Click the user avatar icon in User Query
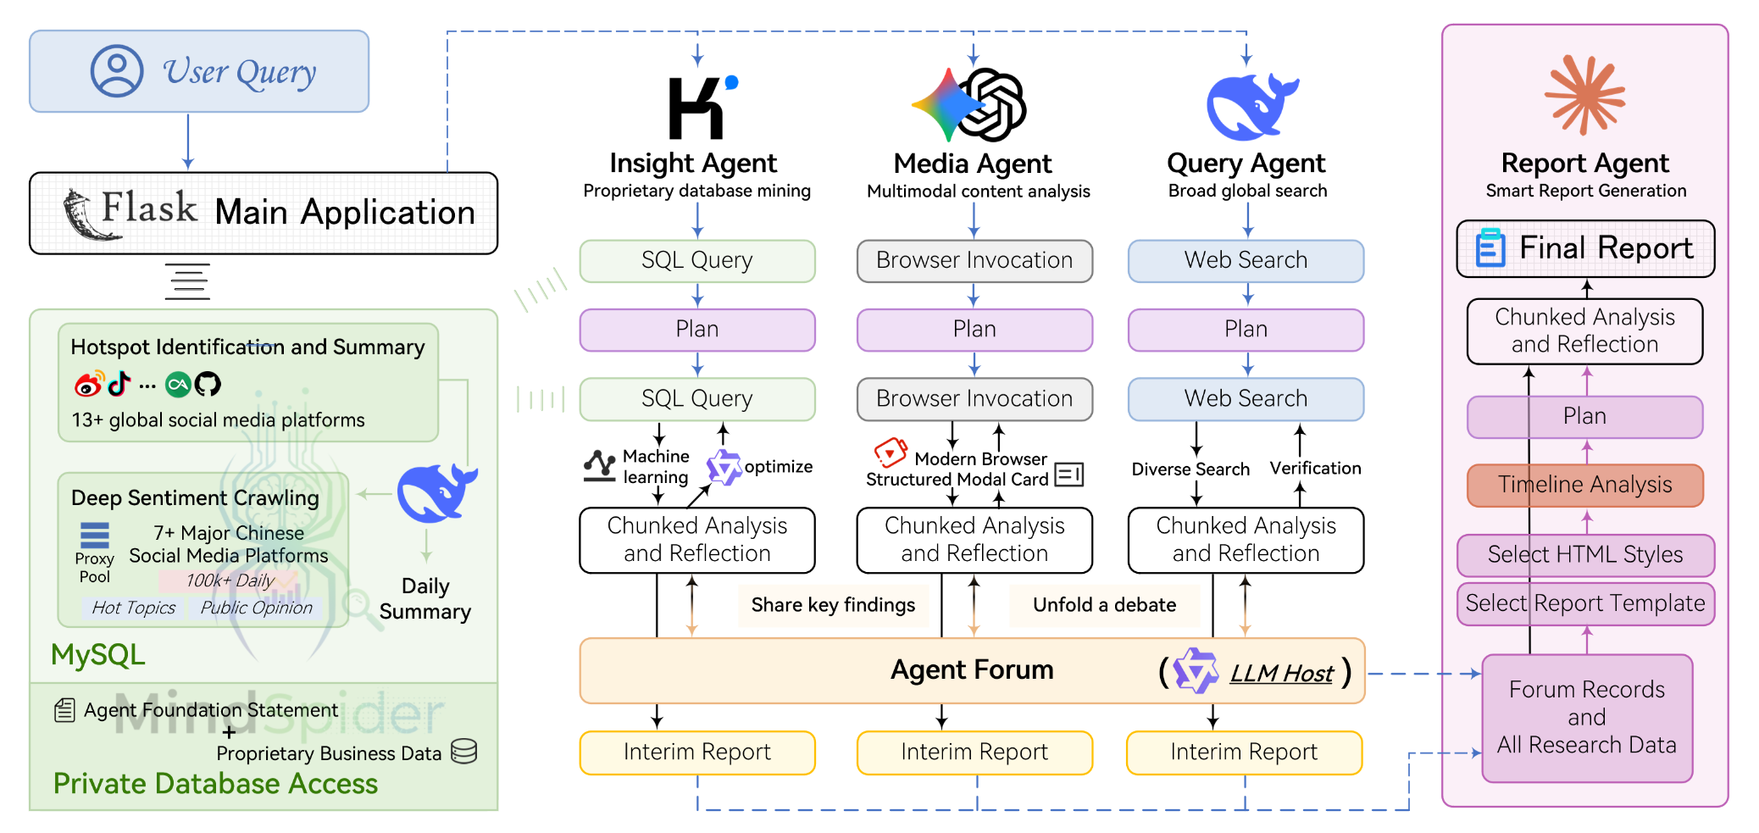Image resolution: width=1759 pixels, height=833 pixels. [117, 71]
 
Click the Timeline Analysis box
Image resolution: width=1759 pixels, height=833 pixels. [1584, 485]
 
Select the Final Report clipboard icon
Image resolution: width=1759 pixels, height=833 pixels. [1490, 248]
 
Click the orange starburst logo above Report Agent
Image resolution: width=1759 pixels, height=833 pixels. [1584, 95]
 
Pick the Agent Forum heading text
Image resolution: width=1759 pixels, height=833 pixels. [972, 670]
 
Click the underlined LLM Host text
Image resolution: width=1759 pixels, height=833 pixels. [1281, 674]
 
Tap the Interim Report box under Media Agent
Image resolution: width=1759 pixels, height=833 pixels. [974, 752]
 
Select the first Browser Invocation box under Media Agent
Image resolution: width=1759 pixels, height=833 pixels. [974, 261]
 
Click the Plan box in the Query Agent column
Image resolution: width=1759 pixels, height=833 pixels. [1246, 330]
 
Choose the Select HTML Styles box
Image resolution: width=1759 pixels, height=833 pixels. [1584, 555]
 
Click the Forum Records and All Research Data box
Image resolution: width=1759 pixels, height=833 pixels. [1586, 718]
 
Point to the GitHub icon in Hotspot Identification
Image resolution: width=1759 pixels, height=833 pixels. [208, 385]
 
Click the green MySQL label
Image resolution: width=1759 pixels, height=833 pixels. [97, 655]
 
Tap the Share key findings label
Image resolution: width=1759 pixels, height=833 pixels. [833, 605]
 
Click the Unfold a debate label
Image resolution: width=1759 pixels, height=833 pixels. [1104, 605]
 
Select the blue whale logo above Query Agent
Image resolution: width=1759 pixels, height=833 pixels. [1251, 107]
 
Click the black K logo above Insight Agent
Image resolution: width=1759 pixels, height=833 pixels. [696, 108]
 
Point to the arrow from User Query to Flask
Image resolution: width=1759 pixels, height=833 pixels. [188, 142]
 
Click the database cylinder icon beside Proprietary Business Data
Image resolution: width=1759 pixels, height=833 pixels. [463, 751]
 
